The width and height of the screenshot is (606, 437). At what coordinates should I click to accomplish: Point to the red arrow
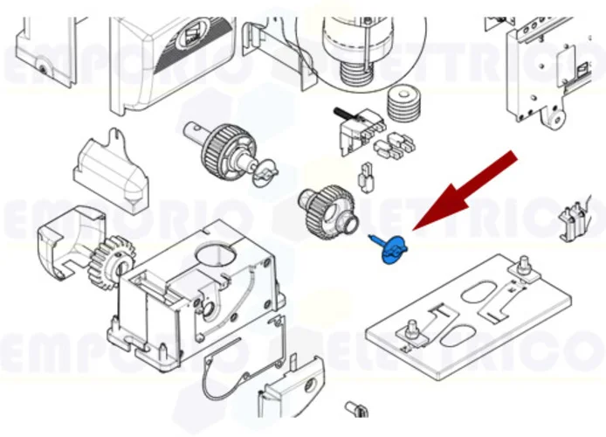click(463, 192)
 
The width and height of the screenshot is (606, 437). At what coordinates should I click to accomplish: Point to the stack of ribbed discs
click(403, 106)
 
